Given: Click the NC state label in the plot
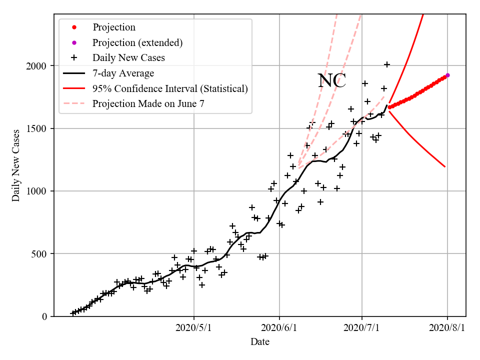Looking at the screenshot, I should coord(332,81).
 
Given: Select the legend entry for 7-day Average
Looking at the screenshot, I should coord(123,73).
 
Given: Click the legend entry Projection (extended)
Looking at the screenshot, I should coord(137,42).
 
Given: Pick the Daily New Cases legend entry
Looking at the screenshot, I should coord(128,58).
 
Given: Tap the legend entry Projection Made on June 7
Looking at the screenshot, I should coord(148,104).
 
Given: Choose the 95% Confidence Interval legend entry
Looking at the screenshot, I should coord(170,89).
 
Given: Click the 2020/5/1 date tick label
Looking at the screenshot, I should coord(194,328).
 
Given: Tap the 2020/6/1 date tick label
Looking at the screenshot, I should coord(279,328).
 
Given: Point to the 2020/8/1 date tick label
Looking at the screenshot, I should coord(447,328).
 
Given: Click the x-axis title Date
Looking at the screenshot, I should coord(260,342).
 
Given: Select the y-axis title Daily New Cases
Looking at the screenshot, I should coord(16,165).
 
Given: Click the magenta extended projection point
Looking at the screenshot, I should coord(447,75).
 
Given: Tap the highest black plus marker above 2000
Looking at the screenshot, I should coord(387,64).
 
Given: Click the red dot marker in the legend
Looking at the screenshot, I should coord(74,27).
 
